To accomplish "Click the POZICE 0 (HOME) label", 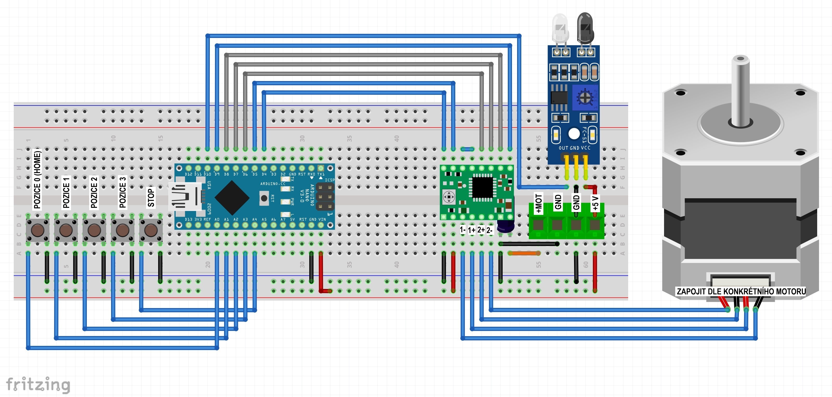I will (37, 180).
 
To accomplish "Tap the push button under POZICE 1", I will (66, 230).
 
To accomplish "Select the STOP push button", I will (151, 230).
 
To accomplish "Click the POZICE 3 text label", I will (122, 192).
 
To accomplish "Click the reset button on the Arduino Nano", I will (264, 198).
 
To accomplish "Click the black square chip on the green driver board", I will (483, 187).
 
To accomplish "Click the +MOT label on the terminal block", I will (538, 203).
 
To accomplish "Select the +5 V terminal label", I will (595, 203).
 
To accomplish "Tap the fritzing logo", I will (38, 385).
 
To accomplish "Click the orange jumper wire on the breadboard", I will (524, 253).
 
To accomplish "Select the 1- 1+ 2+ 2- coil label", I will (476, 230).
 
